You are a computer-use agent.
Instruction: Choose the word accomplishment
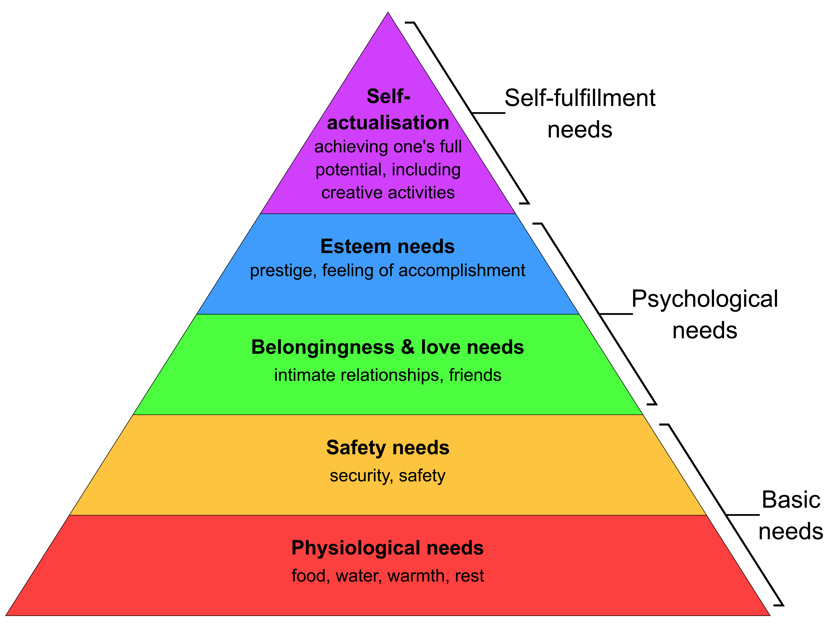pyautogui.click(x=462, y=271)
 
